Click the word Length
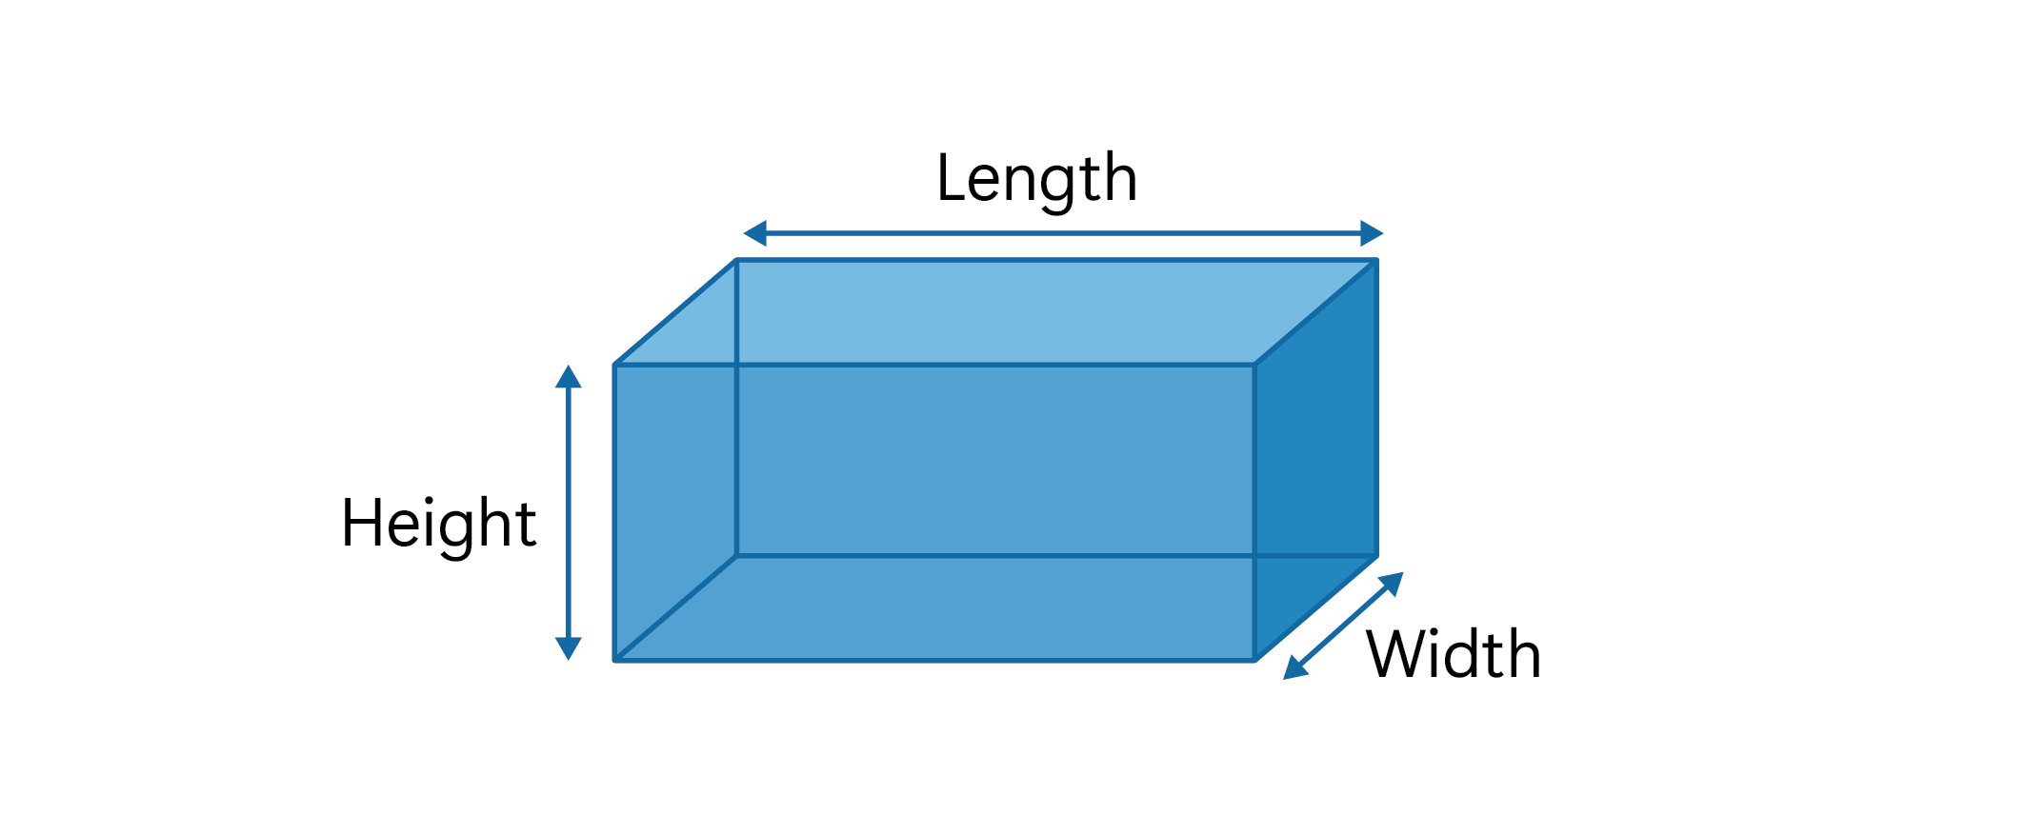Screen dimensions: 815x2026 point(1036,179)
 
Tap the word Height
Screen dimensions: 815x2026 point(439,524)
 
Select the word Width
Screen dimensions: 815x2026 point(1454,655)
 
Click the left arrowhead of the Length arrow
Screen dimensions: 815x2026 point(755,233)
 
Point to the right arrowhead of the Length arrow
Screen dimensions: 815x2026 point(1372,233)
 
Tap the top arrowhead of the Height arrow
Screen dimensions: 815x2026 point(569,377)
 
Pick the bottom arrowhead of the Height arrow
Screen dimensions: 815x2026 point(569,648)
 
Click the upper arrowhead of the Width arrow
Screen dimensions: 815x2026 point(1393,582)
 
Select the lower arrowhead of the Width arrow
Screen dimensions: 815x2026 point(1294,667)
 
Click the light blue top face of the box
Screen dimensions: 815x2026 point(995,311)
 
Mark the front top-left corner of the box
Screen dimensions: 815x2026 point(615,365)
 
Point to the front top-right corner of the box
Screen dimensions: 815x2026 point(1254,365)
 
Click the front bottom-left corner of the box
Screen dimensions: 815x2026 point(615,659)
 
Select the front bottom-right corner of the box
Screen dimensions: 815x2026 point(1254,659)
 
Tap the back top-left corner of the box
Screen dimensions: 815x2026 point(737,260)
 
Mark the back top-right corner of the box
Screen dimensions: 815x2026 point(1376,260)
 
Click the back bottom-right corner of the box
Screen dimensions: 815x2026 point(1376,555)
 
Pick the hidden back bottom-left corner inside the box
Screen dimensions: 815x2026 point(737,555)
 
